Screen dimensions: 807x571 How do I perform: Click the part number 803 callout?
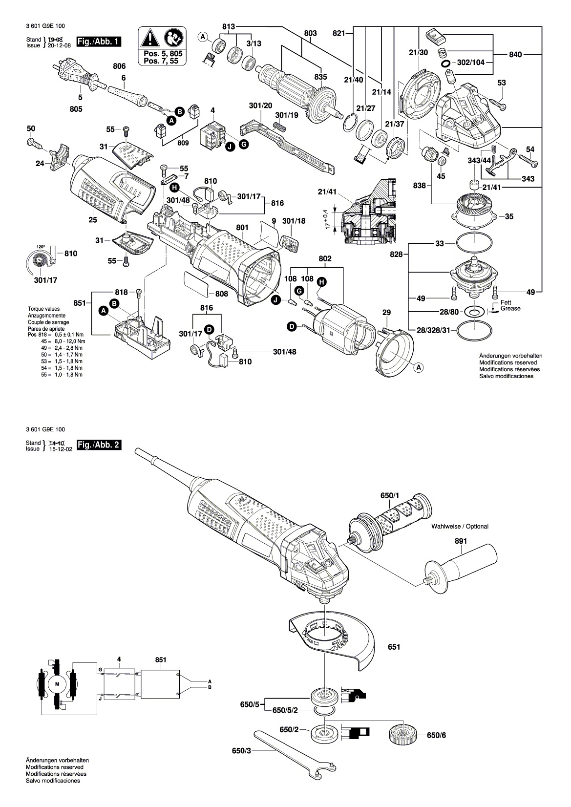tap(310, 33)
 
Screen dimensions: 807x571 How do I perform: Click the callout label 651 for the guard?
tap(394, 647)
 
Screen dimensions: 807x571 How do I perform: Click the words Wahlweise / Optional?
tap(460, 527)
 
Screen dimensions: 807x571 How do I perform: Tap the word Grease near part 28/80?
tap(510, 309)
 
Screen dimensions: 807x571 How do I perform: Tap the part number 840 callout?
tap(515, 55)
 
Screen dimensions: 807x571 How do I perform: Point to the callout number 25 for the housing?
tap(93, 220)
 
